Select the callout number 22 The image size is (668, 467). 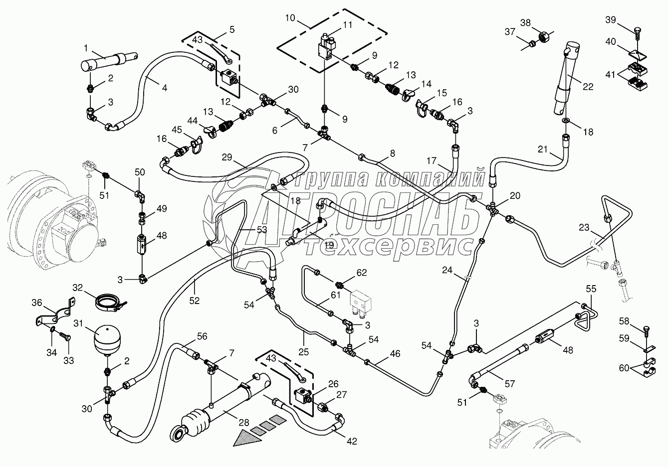[x=588, y=87]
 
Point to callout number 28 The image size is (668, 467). [x=243, y=423]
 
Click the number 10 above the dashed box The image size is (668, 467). [x=290, y=18]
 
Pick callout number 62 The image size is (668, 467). [x=361, y=272]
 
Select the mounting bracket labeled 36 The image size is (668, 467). [x=55, y=313]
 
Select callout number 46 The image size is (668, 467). [x=395, y=354]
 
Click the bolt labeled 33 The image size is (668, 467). [x=63, y=337]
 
